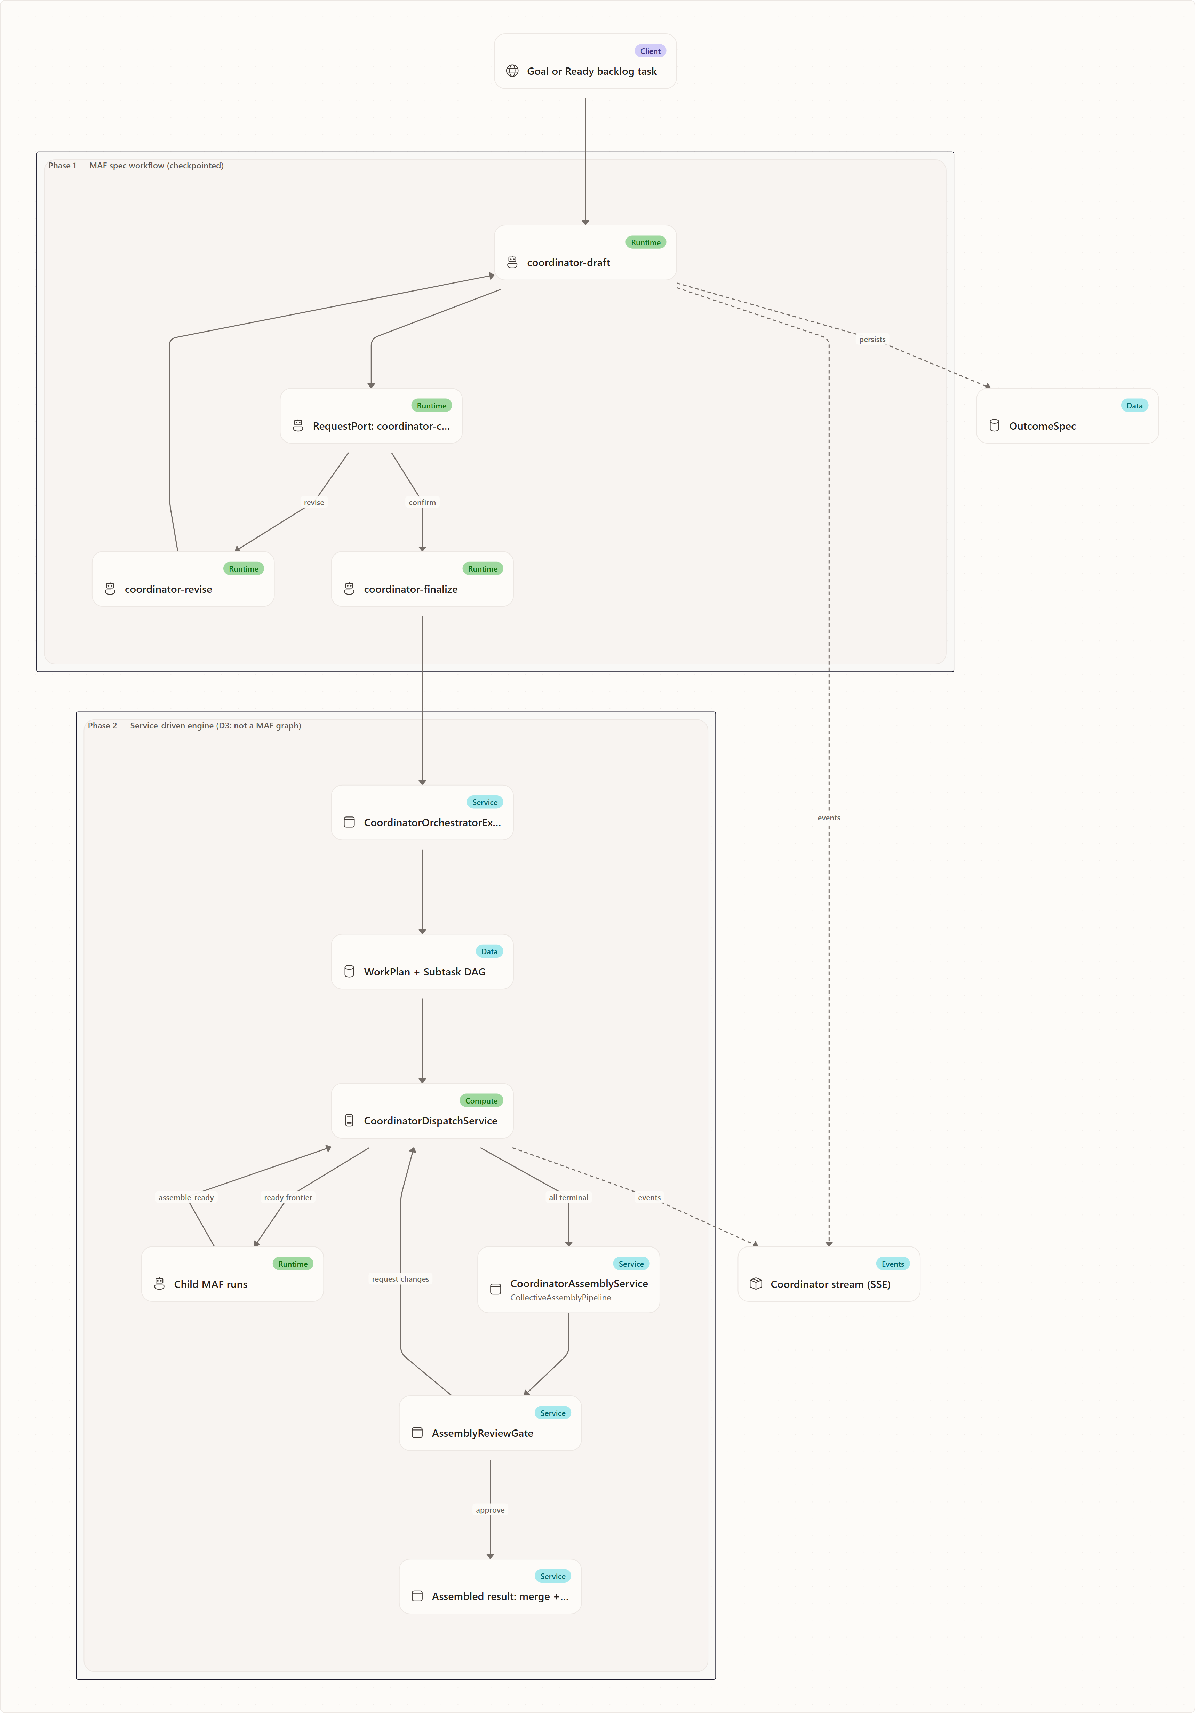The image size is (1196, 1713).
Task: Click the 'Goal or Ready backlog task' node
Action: point(585,61)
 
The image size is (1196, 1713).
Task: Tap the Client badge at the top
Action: point(650,51)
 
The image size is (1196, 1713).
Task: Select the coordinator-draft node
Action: point(585,252)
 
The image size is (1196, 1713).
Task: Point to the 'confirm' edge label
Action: point(422,502)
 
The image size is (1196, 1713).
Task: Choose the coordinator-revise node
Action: point(183,579)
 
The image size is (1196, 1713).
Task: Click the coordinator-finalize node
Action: point(422,579)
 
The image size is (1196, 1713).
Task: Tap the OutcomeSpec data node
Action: point(1067,416)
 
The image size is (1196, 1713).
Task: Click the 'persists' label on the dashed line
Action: point(872,340)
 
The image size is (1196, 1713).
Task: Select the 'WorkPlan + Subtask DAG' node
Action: point(422,962)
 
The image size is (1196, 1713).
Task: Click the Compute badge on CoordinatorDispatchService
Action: point(481,1100)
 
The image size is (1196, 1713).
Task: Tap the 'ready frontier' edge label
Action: point(288,1197)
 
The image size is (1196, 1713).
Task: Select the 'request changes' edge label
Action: point(401,1279)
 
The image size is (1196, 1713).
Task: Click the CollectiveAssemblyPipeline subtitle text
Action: point(560,1297)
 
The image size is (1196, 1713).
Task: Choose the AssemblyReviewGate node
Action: point(490,1423)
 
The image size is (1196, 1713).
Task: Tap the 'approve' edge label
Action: point(490,1510)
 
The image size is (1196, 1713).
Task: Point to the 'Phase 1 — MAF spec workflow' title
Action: point(136,166)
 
